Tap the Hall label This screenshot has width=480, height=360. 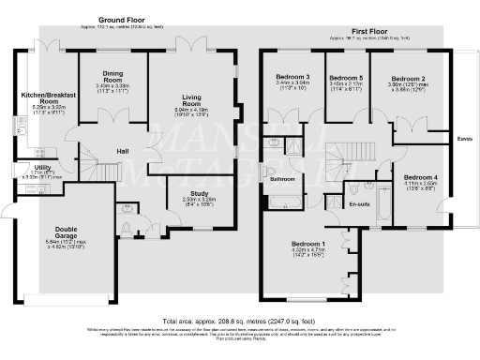(x=122, y=151)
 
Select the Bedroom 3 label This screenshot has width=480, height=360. (x=292, y=76)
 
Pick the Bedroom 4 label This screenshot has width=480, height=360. (x=420, y=177)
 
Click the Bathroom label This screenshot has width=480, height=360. (x=282, y=178)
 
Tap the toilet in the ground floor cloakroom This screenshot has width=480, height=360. (x=126, y=211)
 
